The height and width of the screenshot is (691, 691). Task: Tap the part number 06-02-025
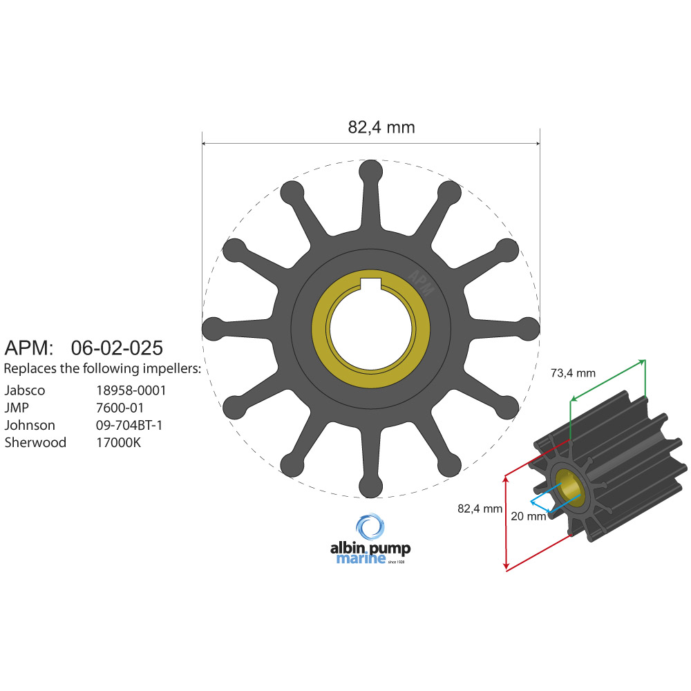(117, 347)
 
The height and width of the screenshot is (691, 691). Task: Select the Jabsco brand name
(25, 390)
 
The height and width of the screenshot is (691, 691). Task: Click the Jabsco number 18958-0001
(131, 390)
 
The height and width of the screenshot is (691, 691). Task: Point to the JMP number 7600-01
(120, 408)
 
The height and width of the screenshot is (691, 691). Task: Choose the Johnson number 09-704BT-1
(129, 425)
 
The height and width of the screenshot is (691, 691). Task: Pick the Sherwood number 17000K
(118, 442)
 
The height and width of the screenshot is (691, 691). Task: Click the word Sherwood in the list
(35, 442)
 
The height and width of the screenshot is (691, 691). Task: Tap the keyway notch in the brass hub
(371, 281)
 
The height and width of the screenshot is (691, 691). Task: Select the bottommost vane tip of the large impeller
(371, 486)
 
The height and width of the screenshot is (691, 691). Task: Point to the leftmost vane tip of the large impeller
(212, 328)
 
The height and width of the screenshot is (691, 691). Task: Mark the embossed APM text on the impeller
(421, 283)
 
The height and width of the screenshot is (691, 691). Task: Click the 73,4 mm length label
(573, 373)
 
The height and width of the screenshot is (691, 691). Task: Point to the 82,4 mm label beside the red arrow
(480, 509)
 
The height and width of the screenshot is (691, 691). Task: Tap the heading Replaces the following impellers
(103, 368)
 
